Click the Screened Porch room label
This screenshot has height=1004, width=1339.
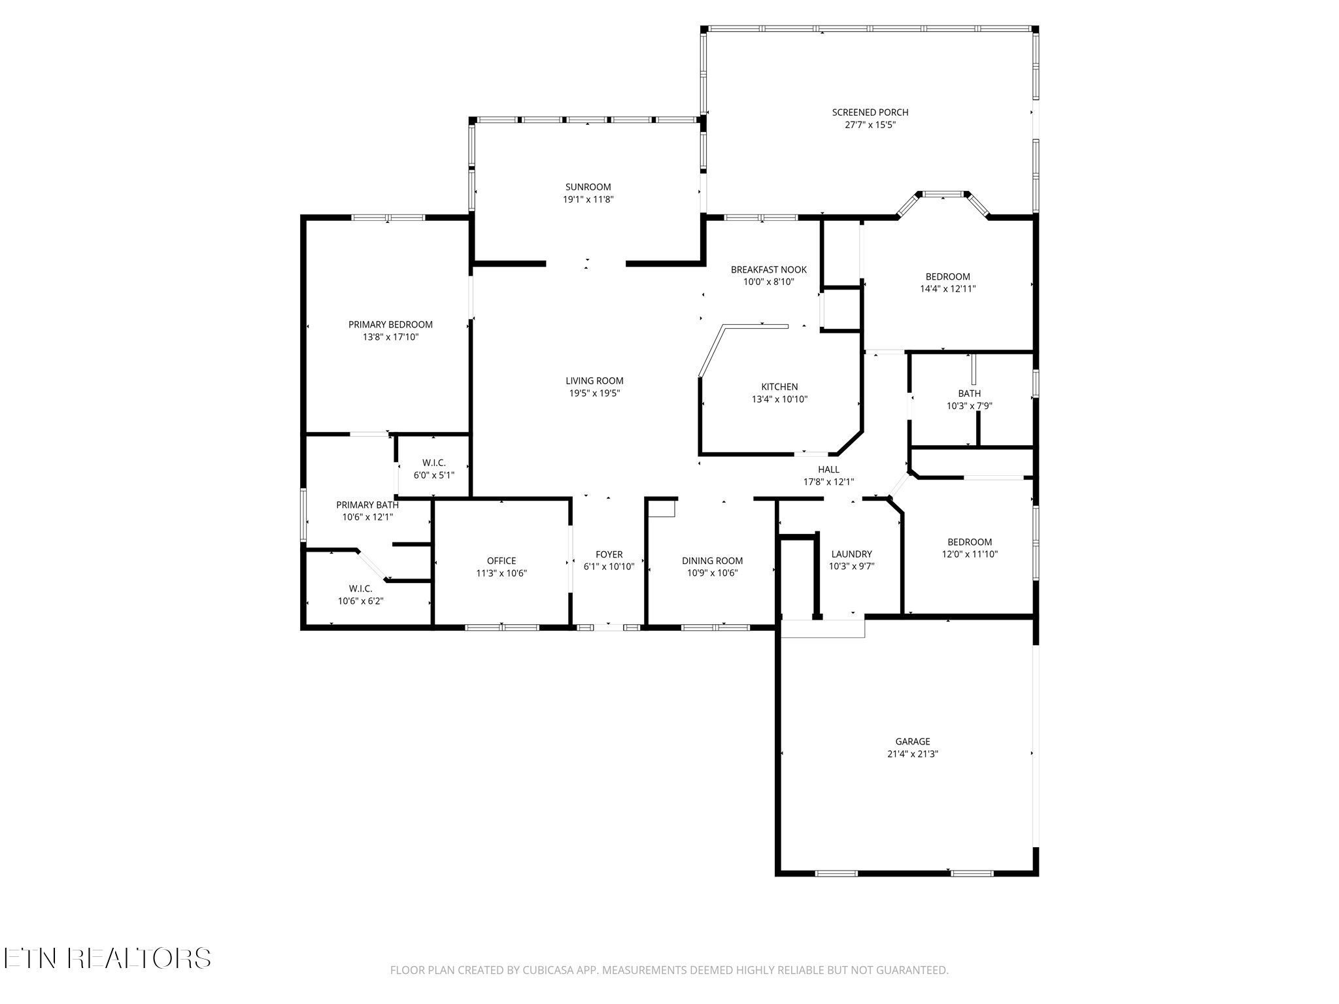(870, 112)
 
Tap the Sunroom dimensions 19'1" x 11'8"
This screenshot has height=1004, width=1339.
(588, 199)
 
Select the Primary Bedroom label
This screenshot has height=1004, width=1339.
(390, 325)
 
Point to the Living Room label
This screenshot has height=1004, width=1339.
(594, 381)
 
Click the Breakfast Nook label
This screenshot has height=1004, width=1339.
(768, 269)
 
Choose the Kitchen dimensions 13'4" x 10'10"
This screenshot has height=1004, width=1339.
(779, 399)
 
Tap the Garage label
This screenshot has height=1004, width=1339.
(912, 741)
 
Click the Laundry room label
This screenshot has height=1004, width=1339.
(851, 554)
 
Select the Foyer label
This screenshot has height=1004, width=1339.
(609, 554)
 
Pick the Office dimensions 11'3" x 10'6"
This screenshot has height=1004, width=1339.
(501, 573)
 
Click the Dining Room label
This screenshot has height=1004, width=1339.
(712, 561)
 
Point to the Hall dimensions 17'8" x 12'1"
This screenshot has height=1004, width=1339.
(828, 482)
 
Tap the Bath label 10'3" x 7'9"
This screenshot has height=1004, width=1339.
(969, 393)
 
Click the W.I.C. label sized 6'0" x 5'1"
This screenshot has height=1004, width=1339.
(434, 463)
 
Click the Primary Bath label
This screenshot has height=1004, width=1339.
(367, 505)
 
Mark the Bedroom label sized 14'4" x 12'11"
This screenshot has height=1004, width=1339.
(947, 276)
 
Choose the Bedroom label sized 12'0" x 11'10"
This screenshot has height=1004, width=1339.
(969, 542)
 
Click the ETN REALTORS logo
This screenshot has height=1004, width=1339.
(107, 958)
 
